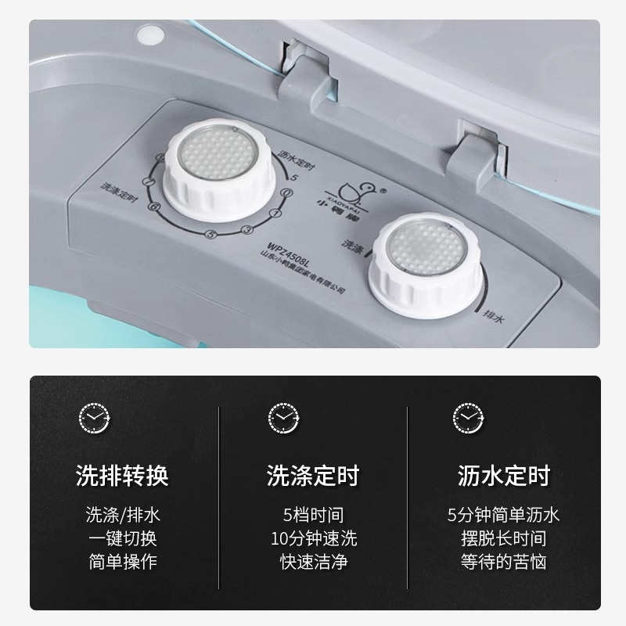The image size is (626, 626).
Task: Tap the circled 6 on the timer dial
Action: [x=154, y=207]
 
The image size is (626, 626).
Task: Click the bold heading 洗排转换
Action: [x=122, y=475]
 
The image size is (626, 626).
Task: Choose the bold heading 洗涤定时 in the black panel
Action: [x=313, y=475]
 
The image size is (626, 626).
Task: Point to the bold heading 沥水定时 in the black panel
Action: [x=504, y=475]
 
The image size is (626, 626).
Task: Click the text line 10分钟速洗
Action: [x=313, y=538]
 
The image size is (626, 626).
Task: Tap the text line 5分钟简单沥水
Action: [x=504, y=515]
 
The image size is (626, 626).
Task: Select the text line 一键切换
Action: [x=122, y=538]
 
